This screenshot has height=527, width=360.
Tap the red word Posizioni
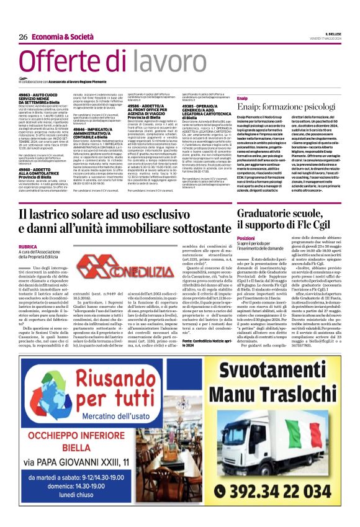(246, 238)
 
